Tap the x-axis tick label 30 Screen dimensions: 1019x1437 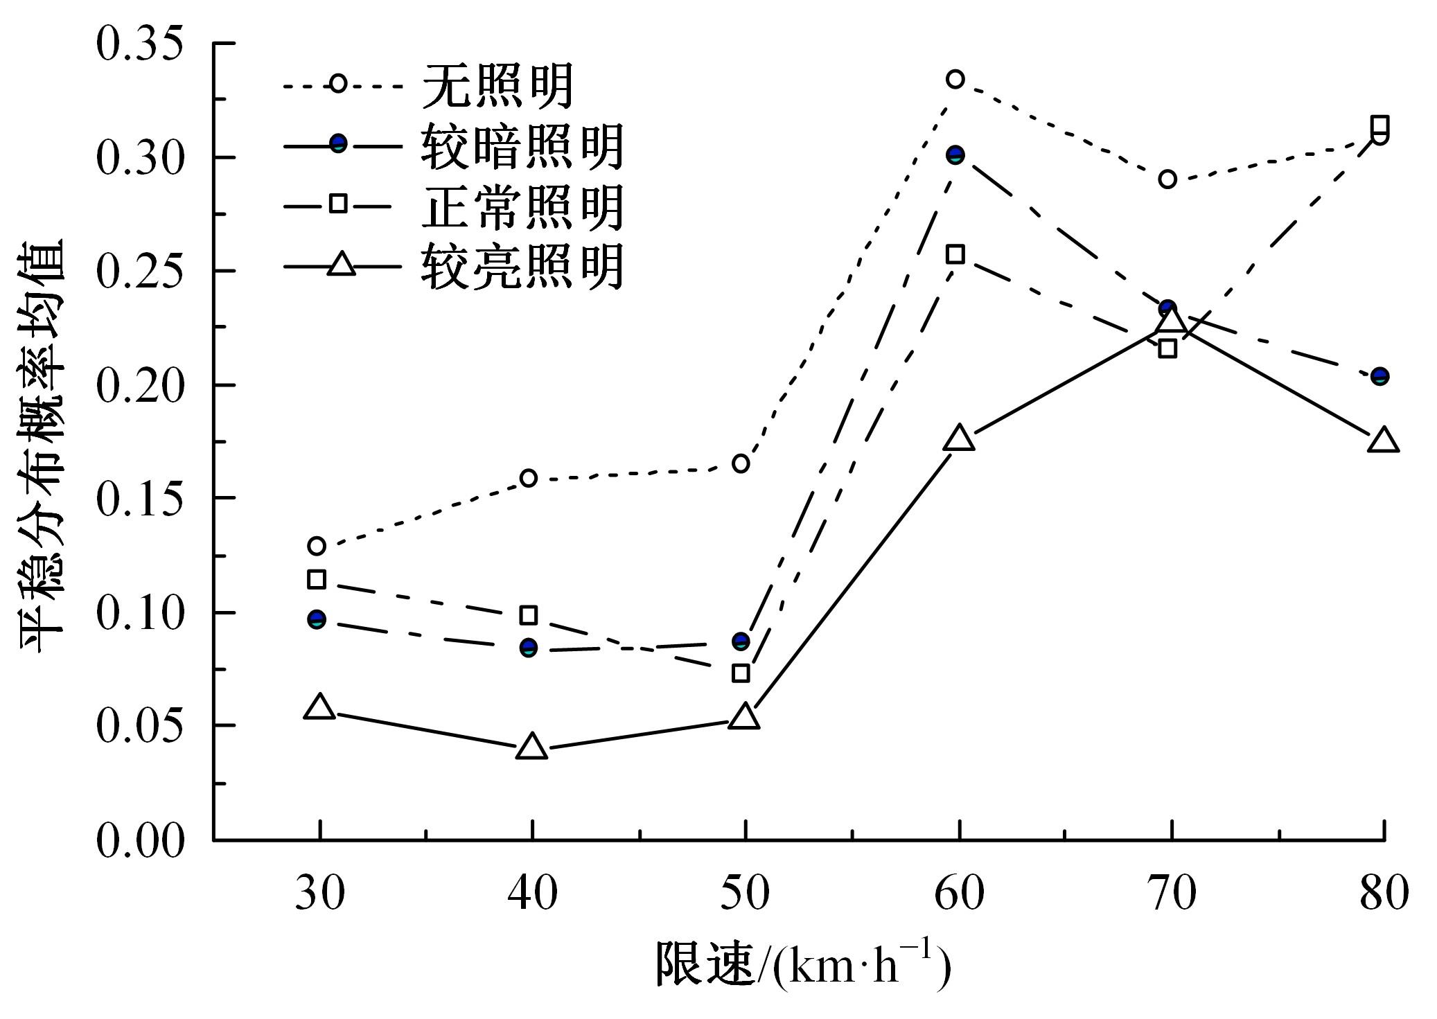319,893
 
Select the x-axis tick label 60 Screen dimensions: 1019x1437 959,893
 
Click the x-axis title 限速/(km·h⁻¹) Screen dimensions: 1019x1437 802,965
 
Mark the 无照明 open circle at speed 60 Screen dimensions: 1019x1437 955,79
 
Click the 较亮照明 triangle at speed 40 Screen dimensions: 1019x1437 531,747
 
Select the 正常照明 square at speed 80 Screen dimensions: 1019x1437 1379,125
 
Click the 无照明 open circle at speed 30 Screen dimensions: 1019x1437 317,546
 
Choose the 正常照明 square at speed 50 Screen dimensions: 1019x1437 741,673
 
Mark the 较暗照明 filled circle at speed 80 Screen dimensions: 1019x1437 1379,377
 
